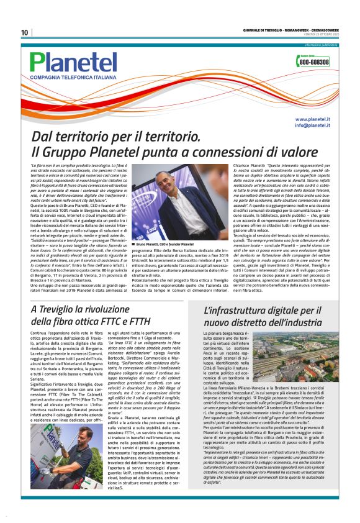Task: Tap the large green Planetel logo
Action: click(73, 61)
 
